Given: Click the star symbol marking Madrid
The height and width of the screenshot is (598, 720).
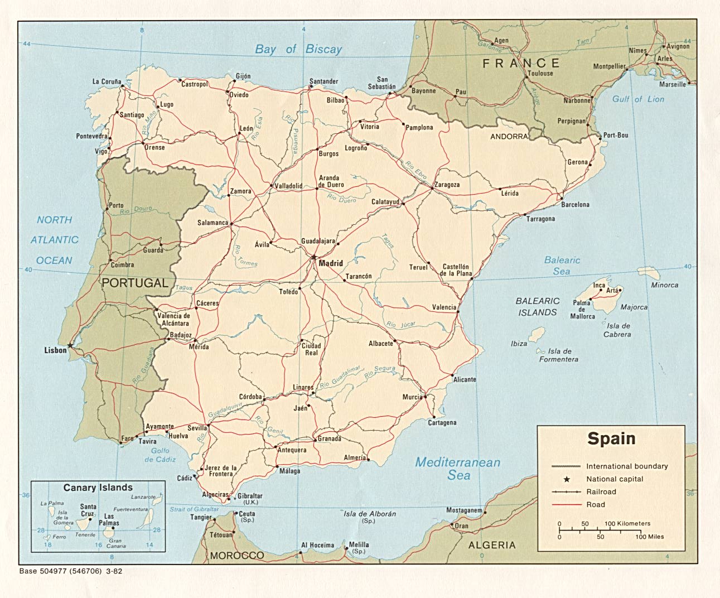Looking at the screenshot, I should pos(314,258).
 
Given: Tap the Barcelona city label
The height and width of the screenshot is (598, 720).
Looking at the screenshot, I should pos(575,205).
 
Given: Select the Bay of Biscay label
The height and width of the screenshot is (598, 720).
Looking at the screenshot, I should pos(298,49).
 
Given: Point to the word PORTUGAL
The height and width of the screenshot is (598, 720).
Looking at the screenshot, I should pos(135,283).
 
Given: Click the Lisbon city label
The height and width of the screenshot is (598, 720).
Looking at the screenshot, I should pos(55,351).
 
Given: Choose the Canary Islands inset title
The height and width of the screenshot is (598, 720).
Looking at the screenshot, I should pos(98,488).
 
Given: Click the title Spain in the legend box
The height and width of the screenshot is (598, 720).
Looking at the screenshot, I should pos(611,438).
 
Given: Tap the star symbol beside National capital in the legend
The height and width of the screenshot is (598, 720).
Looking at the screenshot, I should pos(567,479).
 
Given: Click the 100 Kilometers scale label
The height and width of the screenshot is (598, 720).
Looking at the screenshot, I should pos(627,524).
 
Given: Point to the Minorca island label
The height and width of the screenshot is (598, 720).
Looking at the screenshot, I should pos(665,285).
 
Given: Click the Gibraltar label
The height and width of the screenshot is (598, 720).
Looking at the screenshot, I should pos(250,496).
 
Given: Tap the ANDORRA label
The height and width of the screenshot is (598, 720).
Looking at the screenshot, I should pos(509,137).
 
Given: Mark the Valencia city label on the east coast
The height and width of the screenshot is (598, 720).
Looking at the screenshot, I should pos(444,307).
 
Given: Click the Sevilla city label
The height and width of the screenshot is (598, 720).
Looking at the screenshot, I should pos(197,428).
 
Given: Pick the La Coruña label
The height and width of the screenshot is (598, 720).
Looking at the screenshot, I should pos(107,82).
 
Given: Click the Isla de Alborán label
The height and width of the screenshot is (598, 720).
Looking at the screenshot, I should pos(370,514).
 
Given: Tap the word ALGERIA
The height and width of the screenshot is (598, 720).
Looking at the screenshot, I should pos(492,545).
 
